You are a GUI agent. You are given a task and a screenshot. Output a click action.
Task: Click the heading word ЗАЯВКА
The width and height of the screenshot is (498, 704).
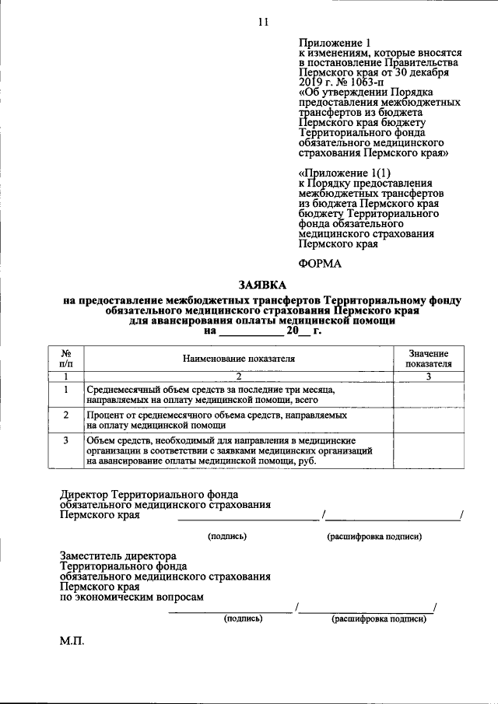[x=261, y=285]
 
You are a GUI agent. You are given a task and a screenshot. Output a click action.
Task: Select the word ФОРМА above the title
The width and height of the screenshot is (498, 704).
[x=320, y=263]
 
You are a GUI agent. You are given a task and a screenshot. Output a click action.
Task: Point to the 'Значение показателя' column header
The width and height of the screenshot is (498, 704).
[x=428, y=359]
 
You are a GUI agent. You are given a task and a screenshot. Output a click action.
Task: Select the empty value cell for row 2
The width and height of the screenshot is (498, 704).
[x=428, y=420]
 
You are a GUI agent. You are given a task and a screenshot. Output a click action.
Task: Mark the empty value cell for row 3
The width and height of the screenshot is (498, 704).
[x=428, y=451]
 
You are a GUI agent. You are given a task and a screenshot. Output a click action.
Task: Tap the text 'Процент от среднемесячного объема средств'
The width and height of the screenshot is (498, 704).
[x=217, y=415]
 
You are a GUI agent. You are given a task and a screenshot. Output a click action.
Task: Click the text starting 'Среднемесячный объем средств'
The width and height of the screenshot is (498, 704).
[x=210, y=389]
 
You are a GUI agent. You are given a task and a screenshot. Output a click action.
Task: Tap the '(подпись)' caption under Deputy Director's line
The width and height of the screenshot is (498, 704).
[x=243, y=619]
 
